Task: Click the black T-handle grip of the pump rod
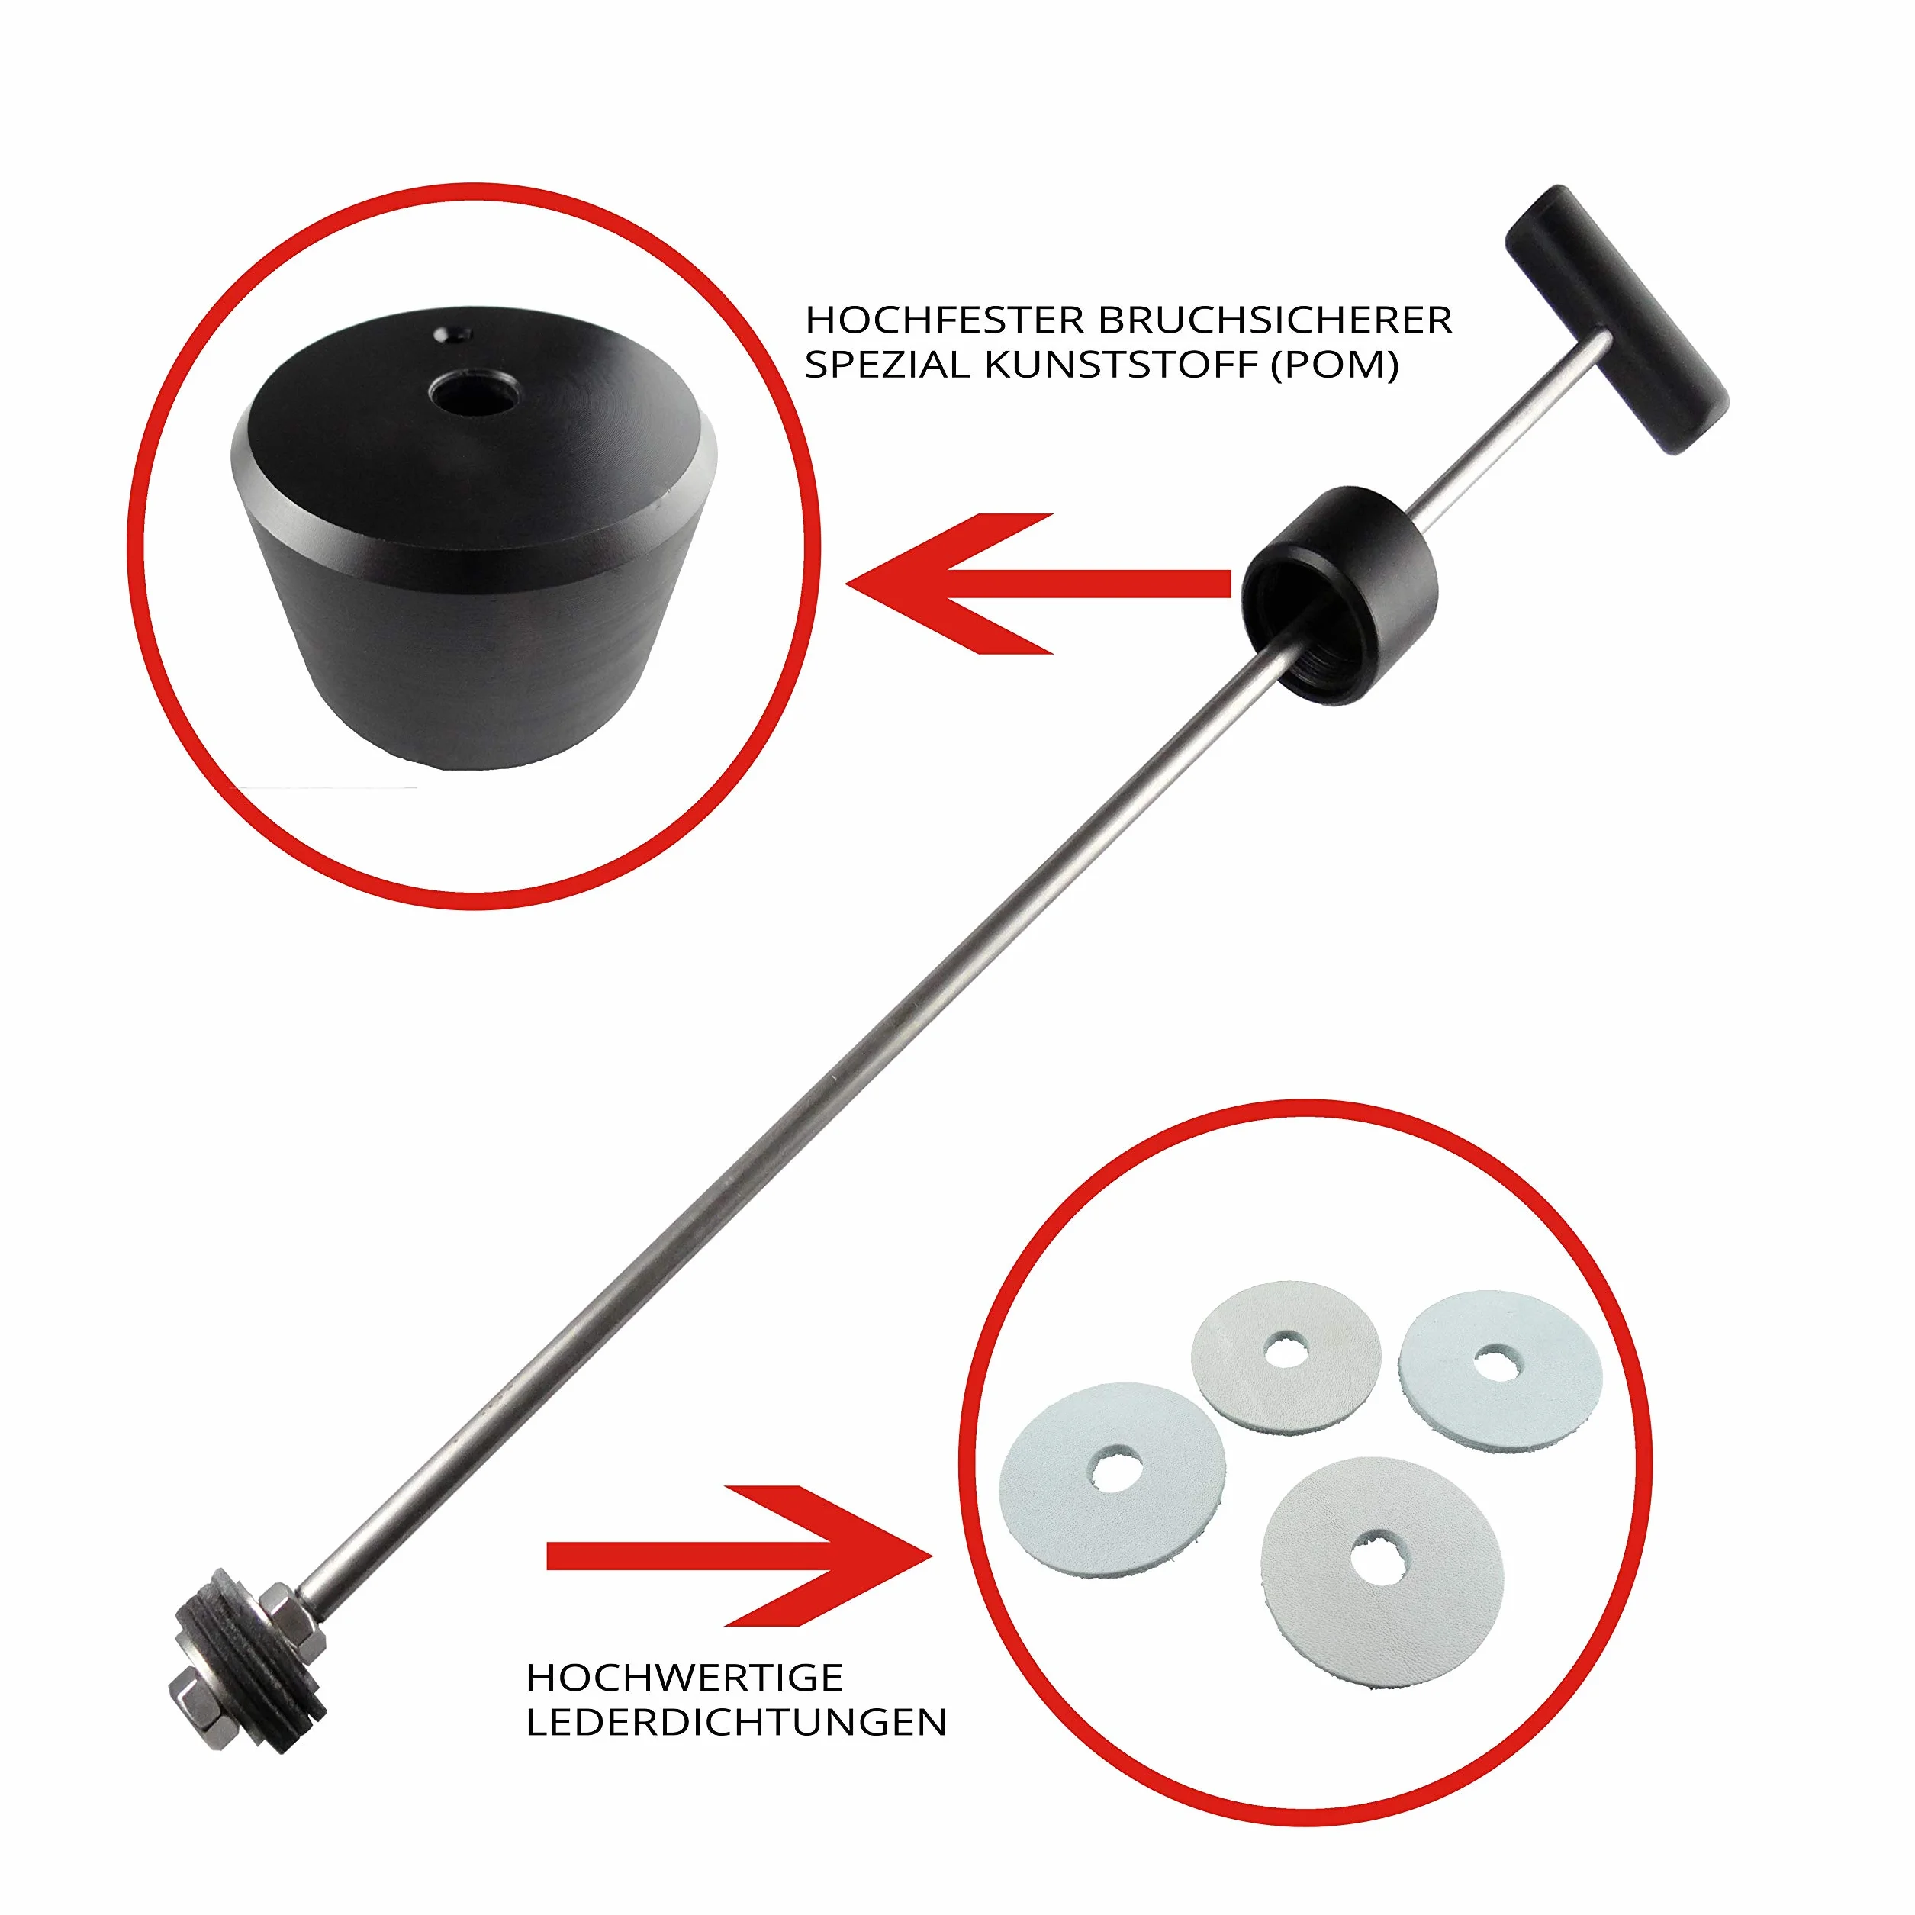pos(1617,318)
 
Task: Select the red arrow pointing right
pos(739,1555)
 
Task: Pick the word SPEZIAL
pos(888,365)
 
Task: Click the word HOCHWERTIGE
pos(684,1678)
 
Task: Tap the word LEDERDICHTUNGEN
pos(736,1723)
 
